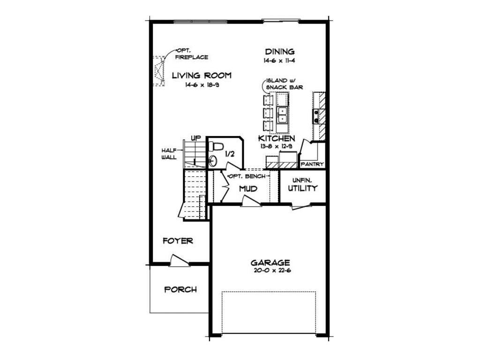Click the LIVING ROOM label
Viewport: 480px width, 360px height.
[x=202, y=75]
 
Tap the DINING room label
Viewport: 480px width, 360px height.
[x=280, y=52]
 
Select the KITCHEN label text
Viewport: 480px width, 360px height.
[x=277, y=138]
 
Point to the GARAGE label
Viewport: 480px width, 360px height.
[x=270, y=262]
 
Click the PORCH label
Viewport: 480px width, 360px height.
[x=180, y=289]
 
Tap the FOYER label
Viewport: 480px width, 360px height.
[x=178, y=241]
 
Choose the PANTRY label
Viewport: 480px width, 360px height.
[x=312, y=164]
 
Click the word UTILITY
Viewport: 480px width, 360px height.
[x=303, y=188]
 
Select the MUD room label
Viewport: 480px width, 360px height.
[x=248, y=188]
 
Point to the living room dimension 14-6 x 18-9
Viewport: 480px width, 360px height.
[x=202, y=85]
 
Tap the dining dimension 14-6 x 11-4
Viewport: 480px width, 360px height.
[x=279, y=60]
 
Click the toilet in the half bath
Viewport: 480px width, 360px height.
[x=216, y=146]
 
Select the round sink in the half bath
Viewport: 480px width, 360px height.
[x=213, y=160]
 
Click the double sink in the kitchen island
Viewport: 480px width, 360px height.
[x=282, y=115]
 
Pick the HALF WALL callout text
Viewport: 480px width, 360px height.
[x=169, y=154]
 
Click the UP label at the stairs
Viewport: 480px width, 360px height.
[x=196, y=138]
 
